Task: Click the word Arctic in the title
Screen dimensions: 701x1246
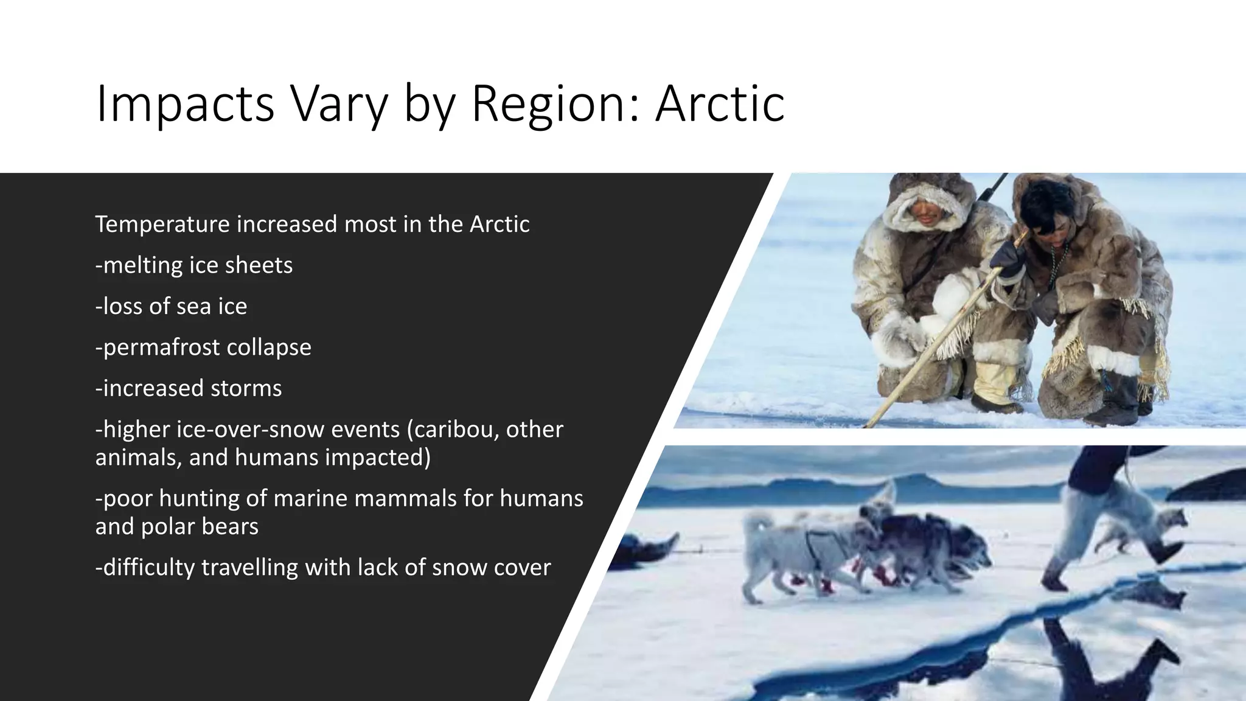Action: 720,104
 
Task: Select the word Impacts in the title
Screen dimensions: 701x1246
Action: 185,104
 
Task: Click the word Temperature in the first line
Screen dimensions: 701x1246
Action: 162,225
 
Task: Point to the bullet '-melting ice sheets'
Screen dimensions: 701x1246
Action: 193,265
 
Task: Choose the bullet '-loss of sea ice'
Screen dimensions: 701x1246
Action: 171,306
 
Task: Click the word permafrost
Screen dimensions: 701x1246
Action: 152,347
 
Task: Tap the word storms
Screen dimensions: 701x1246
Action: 246,388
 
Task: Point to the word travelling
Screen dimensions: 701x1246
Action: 249,567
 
